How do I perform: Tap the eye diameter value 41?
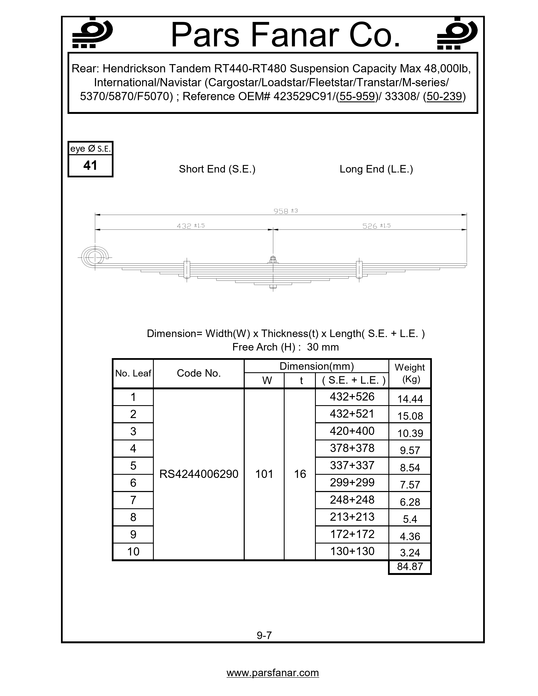tap(90, 165)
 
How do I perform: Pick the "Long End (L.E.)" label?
tap(376, 169)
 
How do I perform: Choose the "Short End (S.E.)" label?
tap(217, 169)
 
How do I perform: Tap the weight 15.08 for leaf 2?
tap(410, 416)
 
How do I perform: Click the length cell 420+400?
tap(352, 431)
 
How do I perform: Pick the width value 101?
tap(264, 474)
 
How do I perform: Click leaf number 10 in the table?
tap(133, 551)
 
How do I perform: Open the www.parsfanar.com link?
tap(273, 673)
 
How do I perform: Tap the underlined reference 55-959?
tap(357, 96)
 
